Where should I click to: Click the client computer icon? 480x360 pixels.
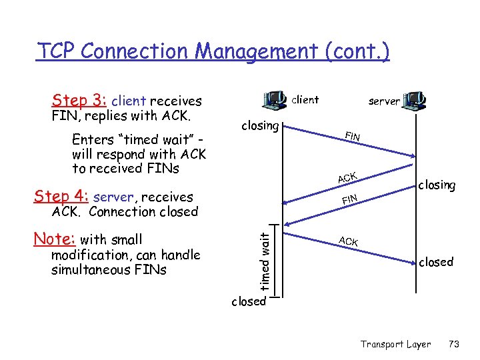(x=275, y=100)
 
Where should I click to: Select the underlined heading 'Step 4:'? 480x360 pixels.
(x=62, y=197)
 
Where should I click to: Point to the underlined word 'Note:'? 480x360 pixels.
(x=55, y=239)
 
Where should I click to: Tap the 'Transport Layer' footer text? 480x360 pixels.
(x=396, y=344)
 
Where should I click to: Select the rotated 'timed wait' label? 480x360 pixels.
(x=265, y=261)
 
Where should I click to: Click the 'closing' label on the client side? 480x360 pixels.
(x=260, y=125)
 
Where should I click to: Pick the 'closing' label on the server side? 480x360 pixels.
(x=437, y=185)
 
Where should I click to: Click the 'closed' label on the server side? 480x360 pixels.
(x=436, y=262)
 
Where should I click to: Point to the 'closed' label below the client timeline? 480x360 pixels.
(x=248, y=301)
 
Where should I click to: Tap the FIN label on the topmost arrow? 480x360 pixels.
(x=353, y=137)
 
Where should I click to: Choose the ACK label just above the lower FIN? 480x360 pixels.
(x=347, y=177)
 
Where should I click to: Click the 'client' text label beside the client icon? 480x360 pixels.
(x=306, y=100)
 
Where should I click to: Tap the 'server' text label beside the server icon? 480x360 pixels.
(x=384, y=101)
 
